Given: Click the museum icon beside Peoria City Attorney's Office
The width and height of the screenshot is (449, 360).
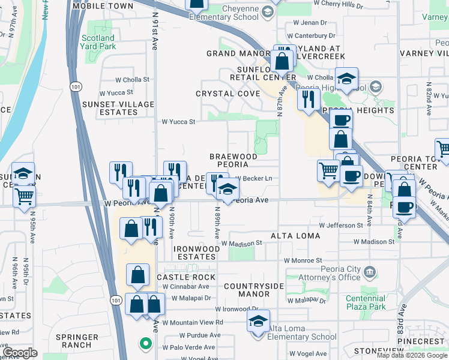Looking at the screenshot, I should (370, 273).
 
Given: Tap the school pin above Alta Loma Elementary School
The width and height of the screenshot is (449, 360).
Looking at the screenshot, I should (259, 321).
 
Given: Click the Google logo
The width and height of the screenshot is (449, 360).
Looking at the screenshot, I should (20, 352).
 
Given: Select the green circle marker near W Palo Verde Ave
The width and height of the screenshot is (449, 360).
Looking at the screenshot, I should (145, 344).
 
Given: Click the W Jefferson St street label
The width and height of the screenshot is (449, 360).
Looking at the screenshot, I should (342, 225).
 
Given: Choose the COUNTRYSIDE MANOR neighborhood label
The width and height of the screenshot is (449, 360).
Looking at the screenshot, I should (254, 290).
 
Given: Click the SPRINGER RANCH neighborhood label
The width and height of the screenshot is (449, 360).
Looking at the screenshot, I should (77, 341).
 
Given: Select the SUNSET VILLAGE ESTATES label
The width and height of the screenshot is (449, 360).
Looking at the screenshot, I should (118, 108).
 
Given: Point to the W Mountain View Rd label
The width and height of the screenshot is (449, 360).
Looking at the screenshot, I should (192, 322).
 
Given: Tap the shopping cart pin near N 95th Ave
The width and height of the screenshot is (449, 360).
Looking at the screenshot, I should (24, 196).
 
